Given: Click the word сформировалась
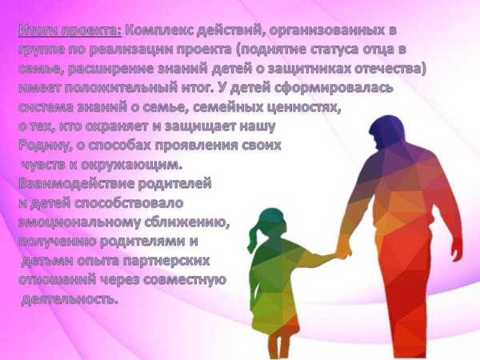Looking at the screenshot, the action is coord(334,89).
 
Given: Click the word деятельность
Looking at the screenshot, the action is coord(70,299).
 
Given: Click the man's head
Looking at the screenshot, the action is coord(386,131).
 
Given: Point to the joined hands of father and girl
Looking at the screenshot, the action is coord(343,250).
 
